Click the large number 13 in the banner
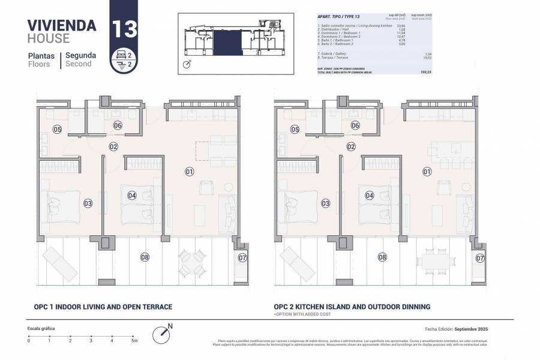124,29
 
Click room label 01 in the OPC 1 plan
189,172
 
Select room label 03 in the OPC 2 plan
326,203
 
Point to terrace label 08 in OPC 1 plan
145,257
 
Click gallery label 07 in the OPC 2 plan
479,258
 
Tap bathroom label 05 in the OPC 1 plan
58,129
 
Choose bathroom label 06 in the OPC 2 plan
355,125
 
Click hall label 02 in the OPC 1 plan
113,146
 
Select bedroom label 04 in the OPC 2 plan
370,195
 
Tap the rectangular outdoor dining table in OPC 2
436,260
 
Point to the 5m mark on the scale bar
134,340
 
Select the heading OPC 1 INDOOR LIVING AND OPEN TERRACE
103,307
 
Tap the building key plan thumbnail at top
233,41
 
